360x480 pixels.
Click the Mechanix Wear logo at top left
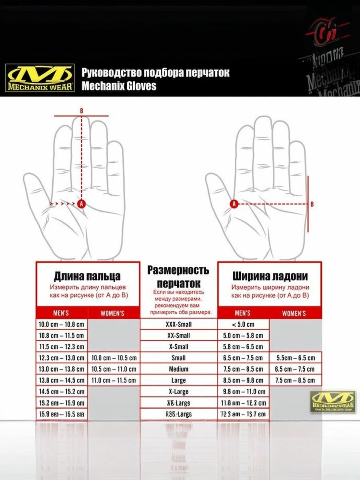40,78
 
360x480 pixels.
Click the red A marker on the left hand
82,204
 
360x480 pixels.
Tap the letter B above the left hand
82,111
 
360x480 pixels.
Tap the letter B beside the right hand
312,204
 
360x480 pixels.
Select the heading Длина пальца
87,276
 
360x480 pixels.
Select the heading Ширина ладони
270,276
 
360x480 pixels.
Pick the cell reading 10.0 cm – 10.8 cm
61,324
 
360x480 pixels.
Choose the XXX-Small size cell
178,324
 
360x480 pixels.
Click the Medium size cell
178,369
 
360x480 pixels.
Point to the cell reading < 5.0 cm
243,324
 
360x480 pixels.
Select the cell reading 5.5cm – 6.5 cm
296,358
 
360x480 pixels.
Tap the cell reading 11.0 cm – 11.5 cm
114,380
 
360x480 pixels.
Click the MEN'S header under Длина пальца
61,313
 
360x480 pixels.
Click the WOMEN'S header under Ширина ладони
294,313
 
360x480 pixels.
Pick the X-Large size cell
178,392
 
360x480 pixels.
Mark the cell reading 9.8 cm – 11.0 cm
243,392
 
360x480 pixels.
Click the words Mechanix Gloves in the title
119,86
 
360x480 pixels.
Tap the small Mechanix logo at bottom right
333,402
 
